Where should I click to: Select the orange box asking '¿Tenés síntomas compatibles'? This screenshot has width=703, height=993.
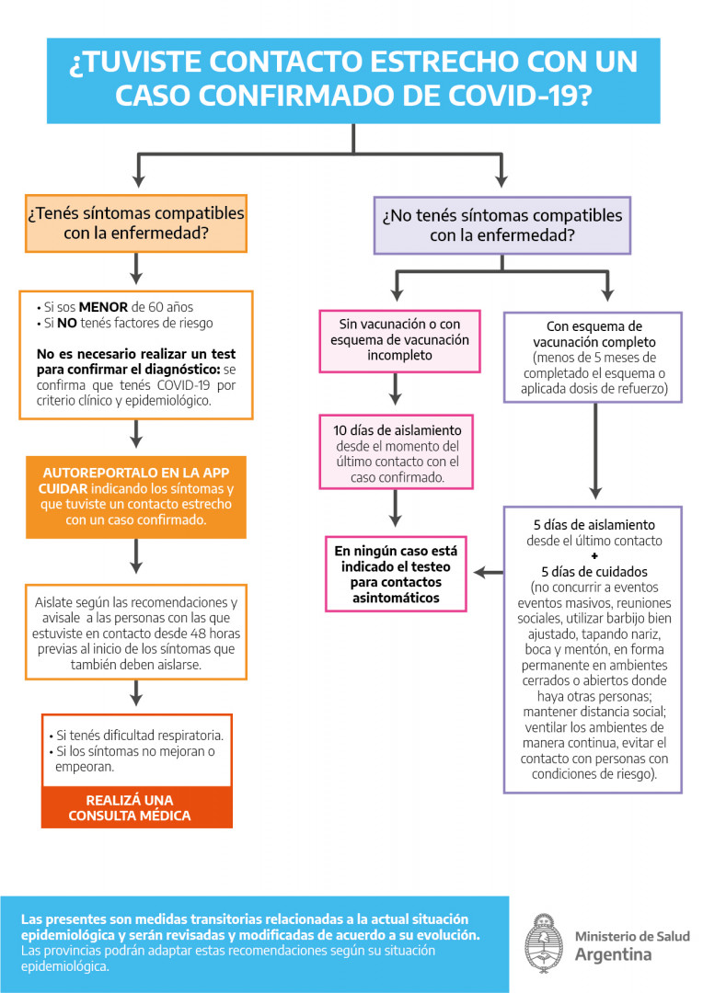[136, 223]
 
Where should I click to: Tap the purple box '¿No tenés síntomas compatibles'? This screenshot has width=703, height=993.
[501, 225]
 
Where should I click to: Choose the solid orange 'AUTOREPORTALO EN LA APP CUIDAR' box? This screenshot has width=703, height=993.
[136, 496]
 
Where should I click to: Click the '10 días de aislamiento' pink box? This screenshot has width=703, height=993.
[398, 454]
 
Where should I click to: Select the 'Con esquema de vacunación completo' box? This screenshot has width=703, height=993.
[593, 357]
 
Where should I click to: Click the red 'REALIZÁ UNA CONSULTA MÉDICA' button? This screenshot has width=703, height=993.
[136, 808]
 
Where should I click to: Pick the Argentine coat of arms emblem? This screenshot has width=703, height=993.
[544, 944]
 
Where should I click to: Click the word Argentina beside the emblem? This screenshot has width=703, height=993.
[613, 954]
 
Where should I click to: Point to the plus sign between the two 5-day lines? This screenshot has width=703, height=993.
[594, 556]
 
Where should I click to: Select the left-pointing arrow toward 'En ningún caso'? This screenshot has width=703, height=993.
[488, 573]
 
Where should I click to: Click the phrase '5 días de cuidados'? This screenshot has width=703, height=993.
[594, 571]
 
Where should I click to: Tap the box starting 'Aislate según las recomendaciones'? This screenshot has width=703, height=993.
[136, 633]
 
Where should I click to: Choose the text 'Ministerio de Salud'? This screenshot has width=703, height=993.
[631, 936]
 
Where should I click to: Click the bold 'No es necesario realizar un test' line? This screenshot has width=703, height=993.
[136, 354]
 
